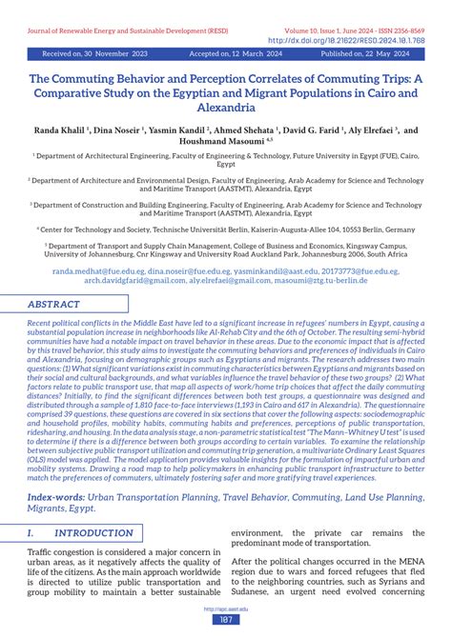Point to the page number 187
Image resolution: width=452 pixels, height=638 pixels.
coord(226,619)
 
